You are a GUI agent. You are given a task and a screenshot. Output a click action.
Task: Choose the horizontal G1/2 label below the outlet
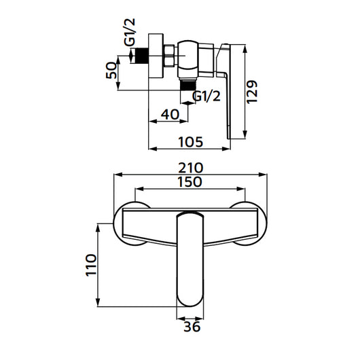(207, 96)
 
